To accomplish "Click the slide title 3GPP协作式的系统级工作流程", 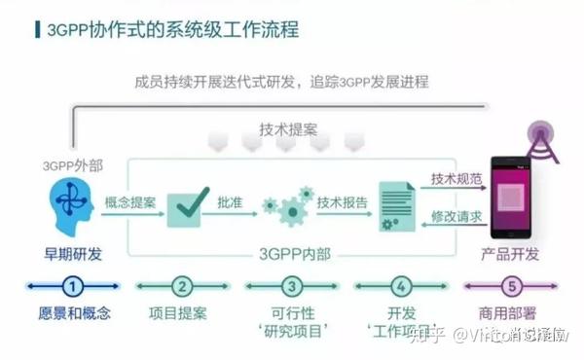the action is click(172, 29).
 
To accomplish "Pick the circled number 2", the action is click(182, 286).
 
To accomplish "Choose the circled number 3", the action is click(291, 286).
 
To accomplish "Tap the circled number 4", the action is click(400, 286).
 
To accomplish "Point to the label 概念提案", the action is click(129, 203).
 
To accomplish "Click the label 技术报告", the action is click(343, 203).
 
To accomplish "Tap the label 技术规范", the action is click(456, 181).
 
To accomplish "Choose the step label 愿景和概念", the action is click(74, 313).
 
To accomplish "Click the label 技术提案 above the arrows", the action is click(287, 129).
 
